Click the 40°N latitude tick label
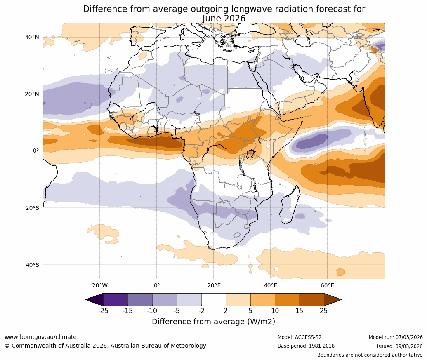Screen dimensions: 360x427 coord(32,37)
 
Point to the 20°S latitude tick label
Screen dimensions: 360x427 coord(32,208)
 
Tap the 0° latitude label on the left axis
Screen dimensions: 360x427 coord(36,151)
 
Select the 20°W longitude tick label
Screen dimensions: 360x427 coord(99,285)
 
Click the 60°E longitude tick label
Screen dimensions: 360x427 coord(327,285)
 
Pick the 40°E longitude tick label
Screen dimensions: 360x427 coord(270,285)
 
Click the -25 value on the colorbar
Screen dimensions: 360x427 coord(103,311)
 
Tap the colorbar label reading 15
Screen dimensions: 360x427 coord(299,311)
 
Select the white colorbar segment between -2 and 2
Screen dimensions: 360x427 coord(214,299)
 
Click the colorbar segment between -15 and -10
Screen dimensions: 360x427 coord(140,299)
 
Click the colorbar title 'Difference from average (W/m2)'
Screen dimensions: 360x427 coord(213,322)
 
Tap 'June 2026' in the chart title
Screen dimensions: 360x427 coord(224,19)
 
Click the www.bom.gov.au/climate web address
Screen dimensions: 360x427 coord(40,337)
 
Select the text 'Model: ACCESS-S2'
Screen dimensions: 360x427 coord(300,337)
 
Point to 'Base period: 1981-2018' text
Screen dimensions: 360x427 coord(306,346)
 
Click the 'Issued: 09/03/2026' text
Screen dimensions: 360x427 coord(400,346)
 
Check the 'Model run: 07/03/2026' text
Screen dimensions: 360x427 coord(396,337)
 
